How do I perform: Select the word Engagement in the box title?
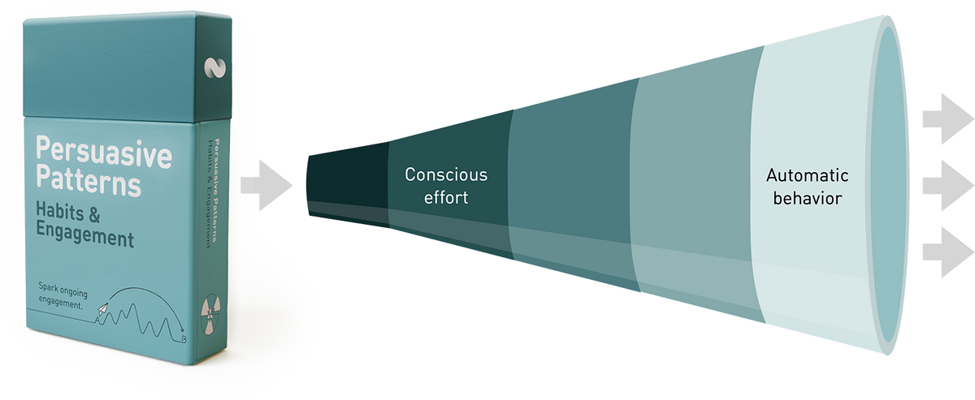point(84,239)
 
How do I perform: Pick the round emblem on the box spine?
point(207,315)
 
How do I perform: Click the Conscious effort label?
point(446,186)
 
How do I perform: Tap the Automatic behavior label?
point(807,187)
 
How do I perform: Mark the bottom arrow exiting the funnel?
point(947,252)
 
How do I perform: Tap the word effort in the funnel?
point(446,197)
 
